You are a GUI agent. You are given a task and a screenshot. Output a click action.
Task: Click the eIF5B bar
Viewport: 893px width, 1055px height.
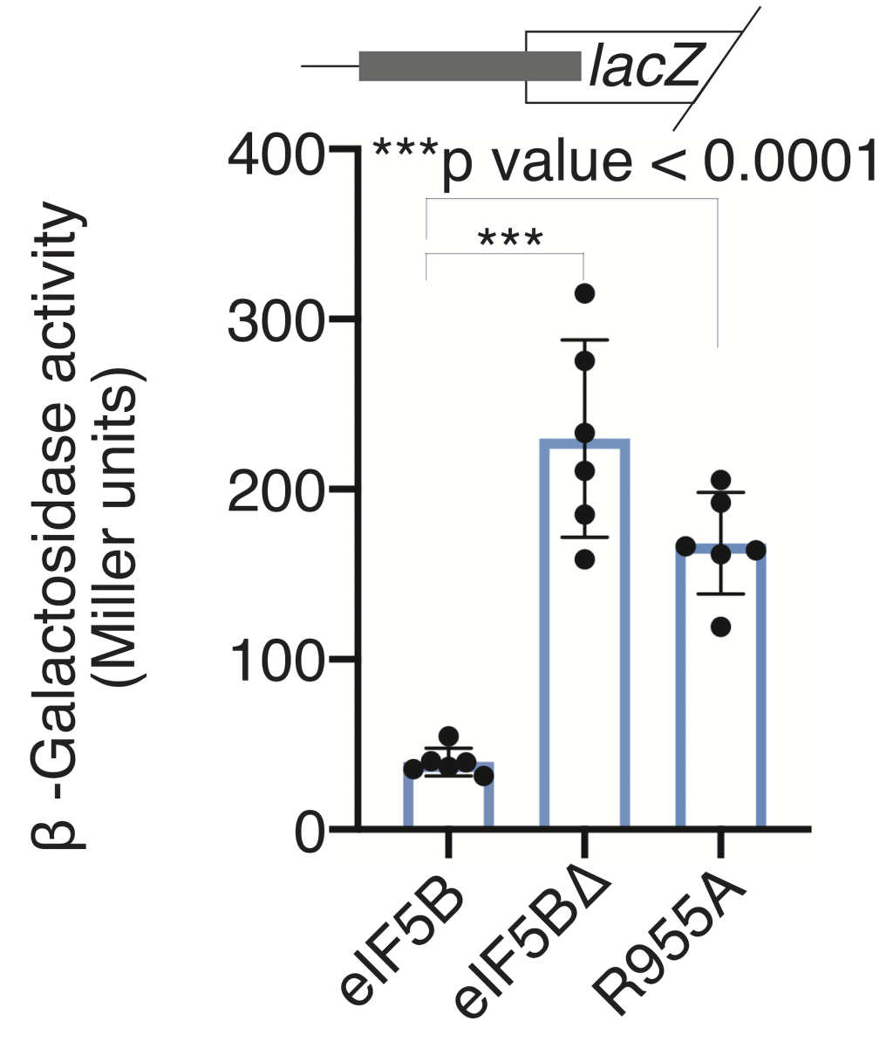(x=448, y=796)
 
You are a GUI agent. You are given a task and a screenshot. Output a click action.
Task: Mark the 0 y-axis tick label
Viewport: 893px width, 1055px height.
(x=309, y=832)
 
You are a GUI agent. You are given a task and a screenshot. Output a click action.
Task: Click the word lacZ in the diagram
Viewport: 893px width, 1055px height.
(x=644, y=66)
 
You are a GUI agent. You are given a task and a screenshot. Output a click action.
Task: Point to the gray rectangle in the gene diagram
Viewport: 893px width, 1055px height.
(x=469, y=66)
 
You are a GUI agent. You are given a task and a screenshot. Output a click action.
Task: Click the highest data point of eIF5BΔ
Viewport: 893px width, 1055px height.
(x=584, y=292)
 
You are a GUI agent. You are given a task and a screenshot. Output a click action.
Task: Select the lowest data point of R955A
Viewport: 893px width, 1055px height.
(x=721, y=627)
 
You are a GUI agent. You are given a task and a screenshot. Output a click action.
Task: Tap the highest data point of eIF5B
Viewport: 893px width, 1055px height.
(x=448, y=736)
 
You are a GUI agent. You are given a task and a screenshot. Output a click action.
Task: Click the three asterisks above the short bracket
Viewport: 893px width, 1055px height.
(x=511, y=239)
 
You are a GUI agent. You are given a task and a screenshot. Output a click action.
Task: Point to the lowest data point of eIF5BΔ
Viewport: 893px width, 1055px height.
(x=584, y=558)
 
